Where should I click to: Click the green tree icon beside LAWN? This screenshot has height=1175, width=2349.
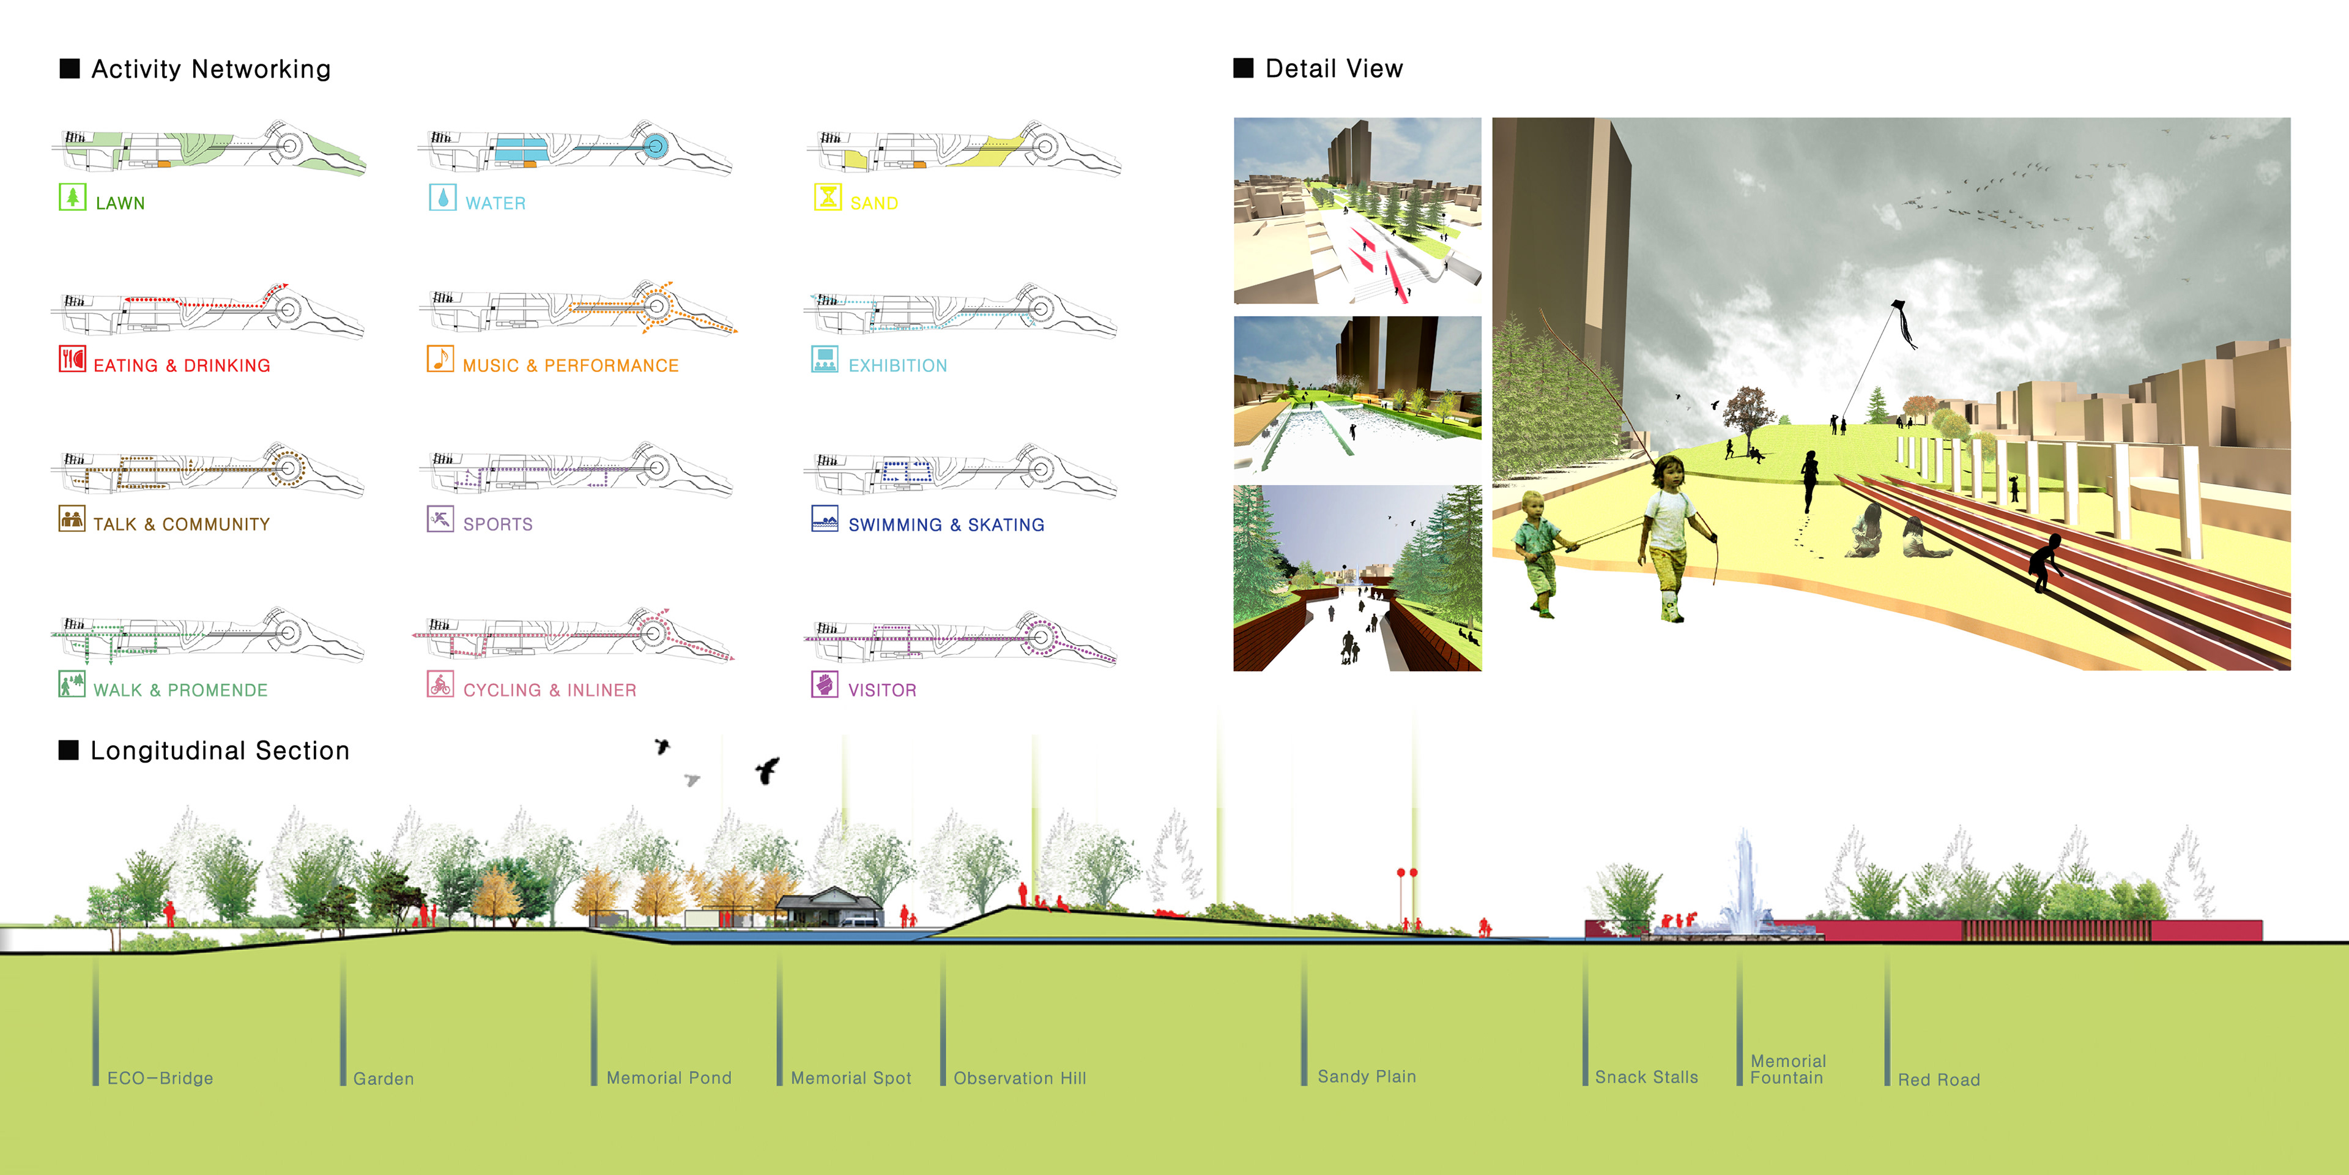tap(72, 197)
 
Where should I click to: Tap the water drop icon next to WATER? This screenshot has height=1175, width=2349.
tap(442, 197)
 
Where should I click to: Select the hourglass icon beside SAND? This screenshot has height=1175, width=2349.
tap(827, 197)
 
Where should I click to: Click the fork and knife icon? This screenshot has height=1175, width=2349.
tap(72, 359)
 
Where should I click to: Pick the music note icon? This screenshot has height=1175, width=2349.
tap(440, 359)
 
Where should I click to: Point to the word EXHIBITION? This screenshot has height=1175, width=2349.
tap(897, 366)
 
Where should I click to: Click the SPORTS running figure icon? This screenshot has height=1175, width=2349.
tap(440, 519)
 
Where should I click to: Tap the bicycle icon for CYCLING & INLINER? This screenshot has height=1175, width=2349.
tap(440, 684)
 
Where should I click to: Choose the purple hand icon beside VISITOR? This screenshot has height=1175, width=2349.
tap(825, 684)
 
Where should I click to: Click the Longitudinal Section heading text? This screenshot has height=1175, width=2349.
tap(220, 751)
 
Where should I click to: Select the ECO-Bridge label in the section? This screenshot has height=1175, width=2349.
tap(160, 1078)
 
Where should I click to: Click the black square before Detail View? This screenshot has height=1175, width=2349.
tap(1243, 69)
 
